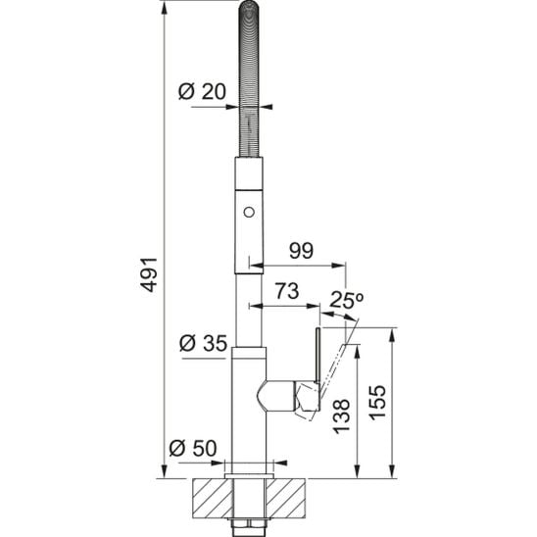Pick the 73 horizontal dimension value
tap(283, 292)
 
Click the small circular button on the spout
tap(248, 212)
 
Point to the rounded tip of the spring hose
tap(248, 12)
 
